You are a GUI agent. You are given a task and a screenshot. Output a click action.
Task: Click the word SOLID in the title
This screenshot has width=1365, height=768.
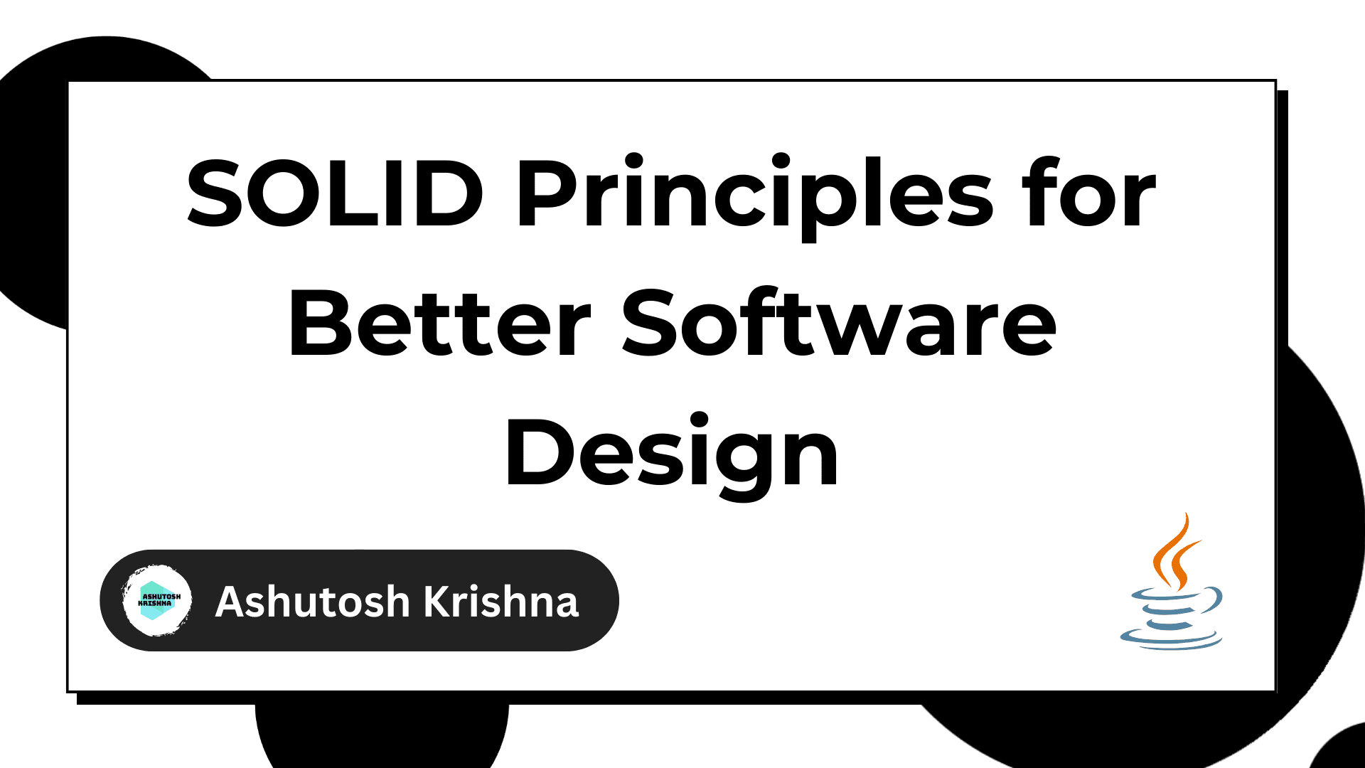coord(334,193)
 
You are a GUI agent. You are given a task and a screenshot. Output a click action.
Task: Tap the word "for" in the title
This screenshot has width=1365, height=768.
coord(1088,193)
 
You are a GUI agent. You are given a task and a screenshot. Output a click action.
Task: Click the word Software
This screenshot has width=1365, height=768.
coord(839,324)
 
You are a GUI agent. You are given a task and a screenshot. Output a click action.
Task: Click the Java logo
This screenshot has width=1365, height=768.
coord(1172,583)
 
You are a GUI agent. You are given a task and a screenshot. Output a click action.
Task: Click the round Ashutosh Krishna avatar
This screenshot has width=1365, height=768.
coord(156,601)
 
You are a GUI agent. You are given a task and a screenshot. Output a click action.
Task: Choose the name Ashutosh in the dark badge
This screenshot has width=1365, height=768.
coord(313,602)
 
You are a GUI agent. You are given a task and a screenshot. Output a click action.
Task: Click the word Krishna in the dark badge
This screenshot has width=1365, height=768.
coord(501,602)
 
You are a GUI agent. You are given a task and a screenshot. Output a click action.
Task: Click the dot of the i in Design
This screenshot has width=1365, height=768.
coord(699,420)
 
